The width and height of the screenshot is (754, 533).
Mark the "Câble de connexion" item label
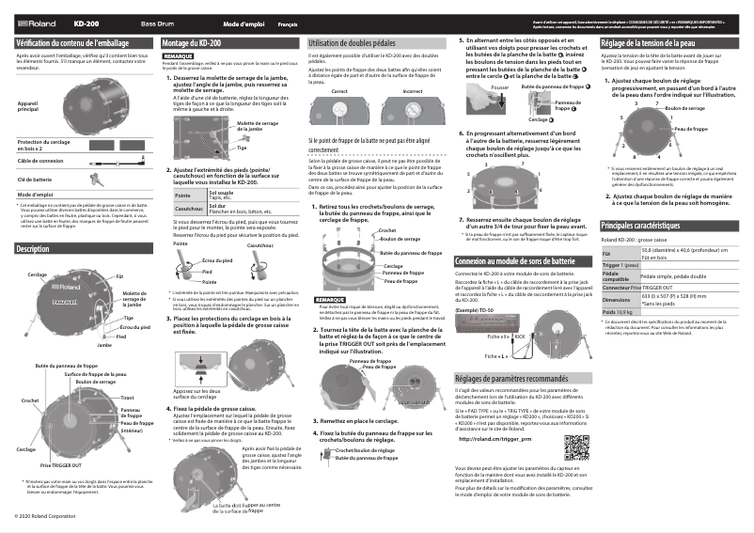[x=40, y=161]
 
